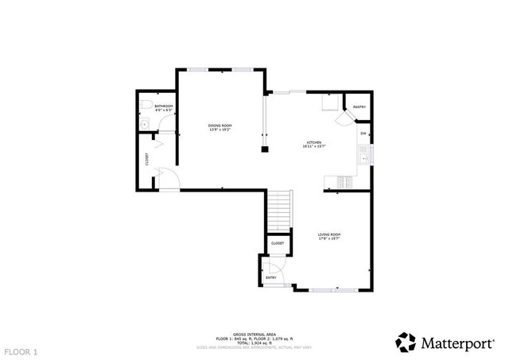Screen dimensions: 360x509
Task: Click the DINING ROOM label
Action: (x=220, y=126)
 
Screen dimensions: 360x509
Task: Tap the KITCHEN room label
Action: (x=315, y=143)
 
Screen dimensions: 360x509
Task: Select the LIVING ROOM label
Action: (x=329, y=234)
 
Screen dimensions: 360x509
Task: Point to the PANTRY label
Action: (x=359, y=106)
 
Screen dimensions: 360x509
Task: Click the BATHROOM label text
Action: (x=164, y=106)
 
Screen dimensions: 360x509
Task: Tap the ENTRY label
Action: (x=270, y=277)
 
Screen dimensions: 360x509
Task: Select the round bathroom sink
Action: (x=143, y=124)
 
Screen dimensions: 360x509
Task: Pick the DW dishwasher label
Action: (x=363, y=134)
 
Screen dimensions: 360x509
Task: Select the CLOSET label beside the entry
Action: (x=278, y=243)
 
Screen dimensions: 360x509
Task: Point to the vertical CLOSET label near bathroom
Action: (x=147, y=159)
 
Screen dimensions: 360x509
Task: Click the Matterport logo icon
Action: (x=406, y=342)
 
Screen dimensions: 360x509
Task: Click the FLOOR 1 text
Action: (x=21, y=350)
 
